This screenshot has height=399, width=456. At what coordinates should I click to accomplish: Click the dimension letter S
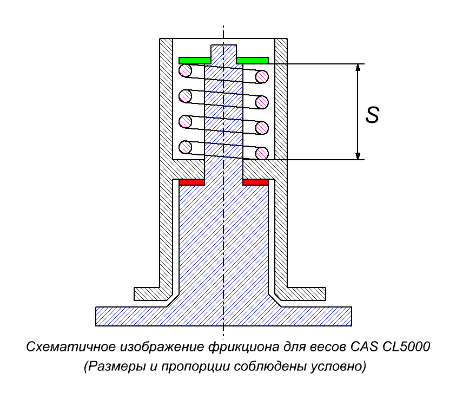[373, 115]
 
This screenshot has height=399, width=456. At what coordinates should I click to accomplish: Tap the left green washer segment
[195, 61]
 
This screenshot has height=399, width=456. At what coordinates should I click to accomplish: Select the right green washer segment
[253, 61]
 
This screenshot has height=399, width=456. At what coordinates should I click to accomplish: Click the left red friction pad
[191, 182]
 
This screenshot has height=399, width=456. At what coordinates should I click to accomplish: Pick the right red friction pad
[255, 182]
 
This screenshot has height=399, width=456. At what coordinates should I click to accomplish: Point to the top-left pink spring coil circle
[185, 70]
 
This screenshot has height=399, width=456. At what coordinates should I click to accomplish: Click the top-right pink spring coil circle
[262, 77]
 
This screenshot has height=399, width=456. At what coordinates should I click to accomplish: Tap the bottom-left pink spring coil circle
[185, 147]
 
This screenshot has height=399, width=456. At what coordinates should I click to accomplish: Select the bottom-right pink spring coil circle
[262, 153]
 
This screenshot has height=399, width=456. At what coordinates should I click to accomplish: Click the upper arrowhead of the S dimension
[358, 68]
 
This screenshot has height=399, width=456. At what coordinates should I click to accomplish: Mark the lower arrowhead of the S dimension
[358, 156]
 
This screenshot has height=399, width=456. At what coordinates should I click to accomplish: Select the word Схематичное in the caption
[71, 347]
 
